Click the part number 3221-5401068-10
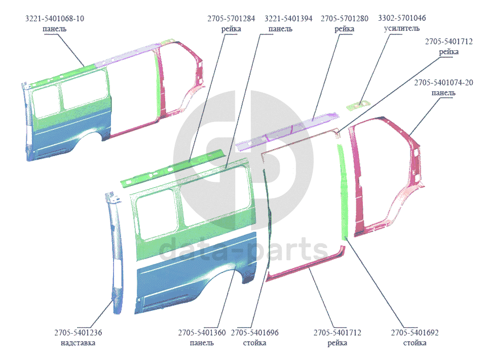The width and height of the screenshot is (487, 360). tap(55, 18)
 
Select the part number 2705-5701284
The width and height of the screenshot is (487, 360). tap(231, 18)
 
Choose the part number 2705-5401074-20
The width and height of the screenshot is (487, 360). tap(443, 82)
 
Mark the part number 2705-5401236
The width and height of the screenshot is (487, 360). tap(82, 333)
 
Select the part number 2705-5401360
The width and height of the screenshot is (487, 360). tap(201, 333)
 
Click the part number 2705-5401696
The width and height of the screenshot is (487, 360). tap(254, 333)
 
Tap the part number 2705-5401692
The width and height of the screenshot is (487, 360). tap(414, 333)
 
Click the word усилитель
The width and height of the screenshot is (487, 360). tap(402, 28)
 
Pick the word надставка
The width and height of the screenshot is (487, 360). tap(82, 343)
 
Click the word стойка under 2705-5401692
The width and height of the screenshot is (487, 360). tap(414, 343)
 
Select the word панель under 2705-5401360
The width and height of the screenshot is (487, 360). tap(201, 343)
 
